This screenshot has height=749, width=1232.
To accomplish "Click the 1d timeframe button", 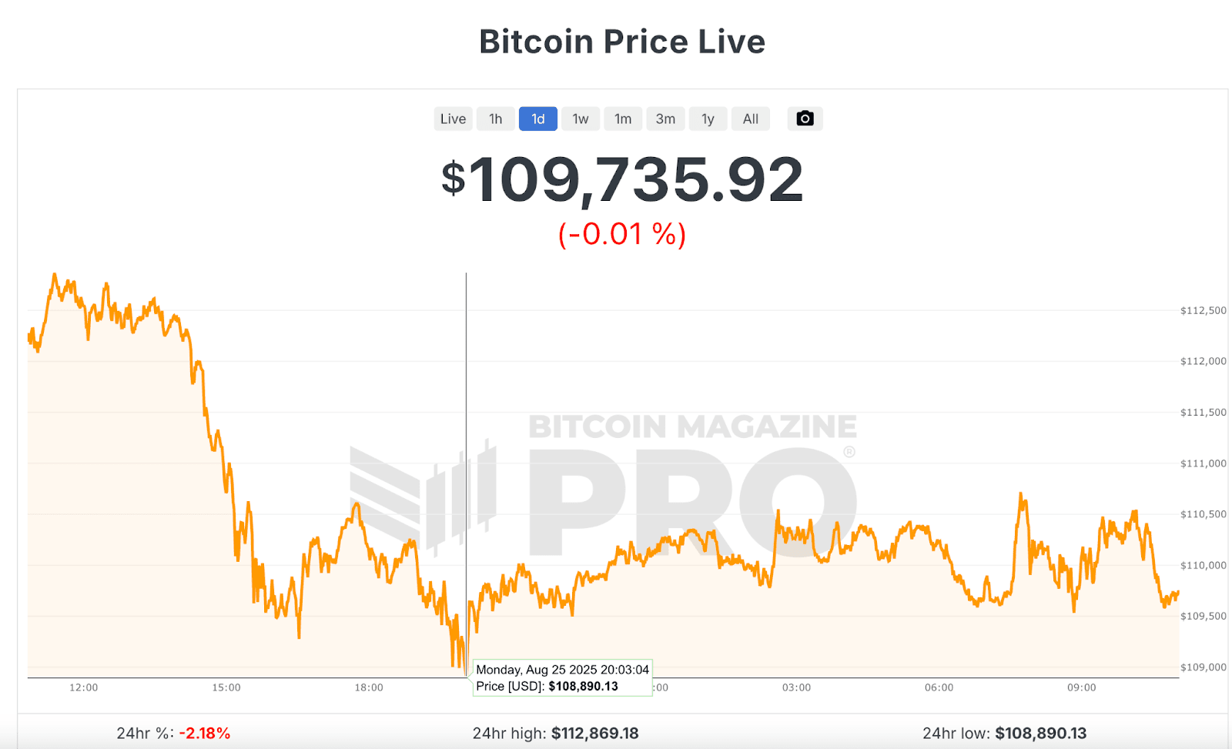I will click(x=537, y=119).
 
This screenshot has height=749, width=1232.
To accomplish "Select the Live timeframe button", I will click(x=453, y=119).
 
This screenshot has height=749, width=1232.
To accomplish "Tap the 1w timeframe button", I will click(x=580, y=119).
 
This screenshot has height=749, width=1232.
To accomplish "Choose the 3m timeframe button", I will click(x=665, y=119).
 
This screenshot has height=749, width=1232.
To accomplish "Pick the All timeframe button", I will click(x=750, y=119).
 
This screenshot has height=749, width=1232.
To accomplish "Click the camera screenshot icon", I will click(x=805, y=119).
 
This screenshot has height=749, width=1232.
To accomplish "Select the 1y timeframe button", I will click(x=708, y=119).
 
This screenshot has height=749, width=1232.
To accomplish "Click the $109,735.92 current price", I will click(x=622, y=180).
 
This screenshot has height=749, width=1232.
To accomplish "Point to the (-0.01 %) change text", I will click(x=622, y=234).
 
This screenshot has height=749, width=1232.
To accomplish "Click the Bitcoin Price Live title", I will click(x=622, y=42).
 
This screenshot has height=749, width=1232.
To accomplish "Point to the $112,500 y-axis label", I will click(x=1203, y=311).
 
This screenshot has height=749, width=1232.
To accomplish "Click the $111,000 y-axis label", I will click(x=1203, y=463).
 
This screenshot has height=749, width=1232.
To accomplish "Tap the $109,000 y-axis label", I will click(x=1203, y=667).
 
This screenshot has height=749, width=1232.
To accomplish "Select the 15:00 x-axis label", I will click(x=226, y=687).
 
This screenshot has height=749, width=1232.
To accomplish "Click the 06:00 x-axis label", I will click(x=939, y=687).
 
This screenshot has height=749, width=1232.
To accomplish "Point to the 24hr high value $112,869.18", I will click(x=594, y=734).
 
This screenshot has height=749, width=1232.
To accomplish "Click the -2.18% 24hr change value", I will click(x=205, y=734).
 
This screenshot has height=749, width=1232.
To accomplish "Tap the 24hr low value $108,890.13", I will click(x=1040, y=734).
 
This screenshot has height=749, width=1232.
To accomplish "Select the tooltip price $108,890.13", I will click(x=583, y=687).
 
